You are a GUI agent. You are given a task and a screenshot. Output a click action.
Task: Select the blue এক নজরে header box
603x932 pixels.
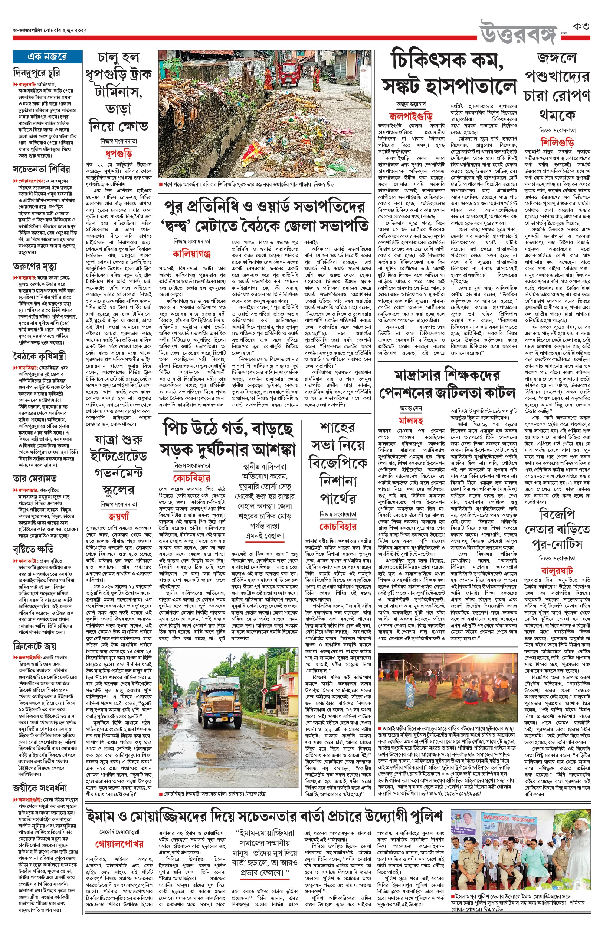47,57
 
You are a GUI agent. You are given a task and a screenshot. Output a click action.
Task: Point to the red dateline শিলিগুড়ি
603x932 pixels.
557,142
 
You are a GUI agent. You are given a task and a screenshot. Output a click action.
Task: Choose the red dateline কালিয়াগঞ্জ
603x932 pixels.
191,253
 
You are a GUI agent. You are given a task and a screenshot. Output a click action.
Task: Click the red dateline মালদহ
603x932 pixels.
411,421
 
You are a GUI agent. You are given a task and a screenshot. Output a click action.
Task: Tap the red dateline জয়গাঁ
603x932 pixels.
118,516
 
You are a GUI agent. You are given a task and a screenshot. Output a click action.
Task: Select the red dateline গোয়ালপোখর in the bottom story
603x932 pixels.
119,844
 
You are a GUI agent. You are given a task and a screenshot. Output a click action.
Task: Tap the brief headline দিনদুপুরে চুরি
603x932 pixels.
36,73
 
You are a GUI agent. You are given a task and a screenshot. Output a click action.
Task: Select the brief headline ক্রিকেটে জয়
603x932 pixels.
35,646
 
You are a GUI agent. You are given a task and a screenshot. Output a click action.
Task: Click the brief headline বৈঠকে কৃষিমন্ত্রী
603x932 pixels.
40,356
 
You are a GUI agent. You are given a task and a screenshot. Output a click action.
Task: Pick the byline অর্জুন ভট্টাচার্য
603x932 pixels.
411,105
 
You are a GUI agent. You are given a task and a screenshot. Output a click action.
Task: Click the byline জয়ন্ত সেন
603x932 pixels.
411,408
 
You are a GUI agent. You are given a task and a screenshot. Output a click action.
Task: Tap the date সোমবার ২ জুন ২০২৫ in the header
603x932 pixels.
65,30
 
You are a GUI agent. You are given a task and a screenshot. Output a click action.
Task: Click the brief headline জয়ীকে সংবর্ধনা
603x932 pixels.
40,788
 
